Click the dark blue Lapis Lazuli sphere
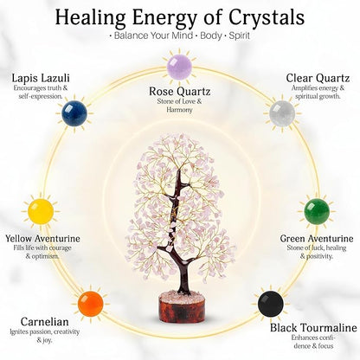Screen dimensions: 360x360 coord(74,113)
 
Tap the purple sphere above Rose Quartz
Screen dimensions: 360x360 coord(179,67)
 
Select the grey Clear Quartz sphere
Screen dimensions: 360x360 coord(282,113)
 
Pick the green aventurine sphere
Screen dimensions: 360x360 coord(317,211)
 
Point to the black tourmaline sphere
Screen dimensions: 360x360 coord(271,304)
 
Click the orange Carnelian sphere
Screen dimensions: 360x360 coord(91,304)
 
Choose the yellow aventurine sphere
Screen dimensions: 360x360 coord(41,211)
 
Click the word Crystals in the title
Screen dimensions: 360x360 coord(267,18)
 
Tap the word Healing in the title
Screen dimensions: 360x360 coord(90,18)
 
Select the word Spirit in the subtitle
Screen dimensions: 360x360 coord(240,35)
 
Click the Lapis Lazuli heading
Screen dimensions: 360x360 coord(41,78)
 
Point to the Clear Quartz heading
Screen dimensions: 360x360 coord(318,78)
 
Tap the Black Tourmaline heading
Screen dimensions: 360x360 coord(313,328)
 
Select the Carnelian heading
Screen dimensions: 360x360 coord(45,322)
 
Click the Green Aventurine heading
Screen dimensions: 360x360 coord(317,239)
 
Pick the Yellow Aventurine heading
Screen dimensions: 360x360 coord(42,239)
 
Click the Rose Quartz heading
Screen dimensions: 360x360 coord(179,92)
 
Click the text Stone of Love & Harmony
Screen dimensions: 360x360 coord(179,106)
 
